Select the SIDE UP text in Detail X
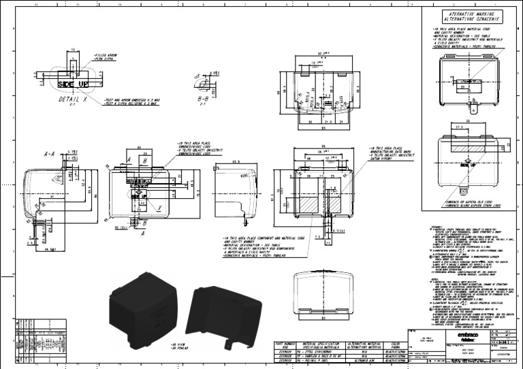pos(74,84)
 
